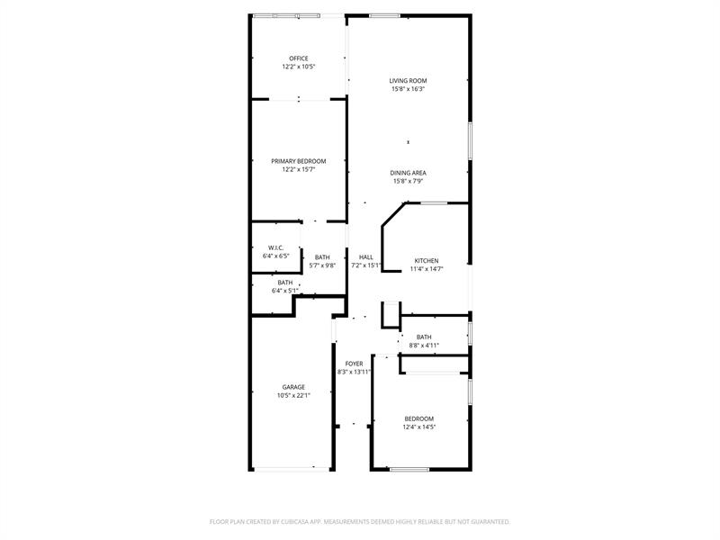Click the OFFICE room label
[x=299, y=58]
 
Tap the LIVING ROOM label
[x=408, y=81]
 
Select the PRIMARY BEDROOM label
[x=299, y=161]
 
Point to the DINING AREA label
[x=408, y=173]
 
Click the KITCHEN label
[x=427, y=261]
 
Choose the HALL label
[x=366, y=257]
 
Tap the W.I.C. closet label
[x=276, y=248]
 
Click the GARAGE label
[x=293, y=387]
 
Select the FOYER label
[x=354, y=364]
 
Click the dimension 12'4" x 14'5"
[x=419, y=427]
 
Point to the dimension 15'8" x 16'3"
[x=408, y=89]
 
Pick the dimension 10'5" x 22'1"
[x=293, y=395]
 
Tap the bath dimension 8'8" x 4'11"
[x=424, y=346]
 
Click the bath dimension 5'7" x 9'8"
[x=322, y=265]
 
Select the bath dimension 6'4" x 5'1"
[x=285, y=291]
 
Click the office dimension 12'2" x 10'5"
[x=299, y=67]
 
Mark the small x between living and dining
[x=409, y=142]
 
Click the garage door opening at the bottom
[x=292, y=469]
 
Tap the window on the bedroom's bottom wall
[x=409, y=469]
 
